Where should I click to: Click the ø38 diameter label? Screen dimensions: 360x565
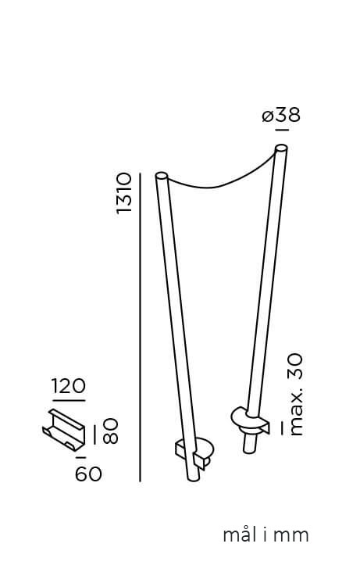coord(281,116)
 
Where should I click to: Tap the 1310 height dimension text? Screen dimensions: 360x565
coord(124,194)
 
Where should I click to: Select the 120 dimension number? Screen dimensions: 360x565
coord(69,386)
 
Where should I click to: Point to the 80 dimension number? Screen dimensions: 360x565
coord(111,431)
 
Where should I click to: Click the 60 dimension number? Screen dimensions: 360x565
coord(88,474)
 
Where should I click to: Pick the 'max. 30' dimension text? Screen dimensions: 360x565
coord(295,395)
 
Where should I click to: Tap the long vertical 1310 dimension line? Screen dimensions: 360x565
coord(140,327)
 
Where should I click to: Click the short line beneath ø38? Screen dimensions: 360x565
coord(282,130)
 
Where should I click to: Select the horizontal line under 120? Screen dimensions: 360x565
coord(69,400)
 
